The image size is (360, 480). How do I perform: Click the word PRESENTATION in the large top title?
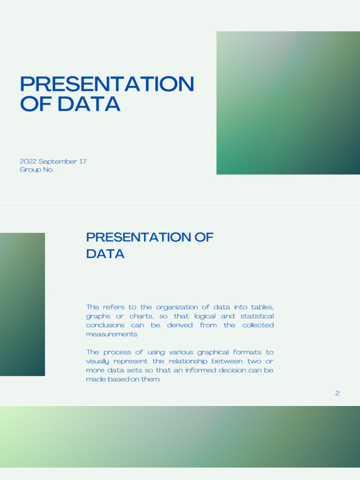107,84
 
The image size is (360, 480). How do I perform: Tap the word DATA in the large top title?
89,104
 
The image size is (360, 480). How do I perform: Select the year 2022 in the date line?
28,161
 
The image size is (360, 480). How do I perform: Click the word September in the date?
58,161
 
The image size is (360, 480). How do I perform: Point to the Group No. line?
37,170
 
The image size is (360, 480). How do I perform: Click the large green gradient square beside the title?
288,103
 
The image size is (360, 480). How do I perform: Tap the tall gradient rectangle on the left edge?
22,304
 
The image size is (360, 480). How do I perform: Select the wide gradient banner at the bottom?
180,436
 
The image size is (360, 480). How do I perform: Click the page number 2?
337,393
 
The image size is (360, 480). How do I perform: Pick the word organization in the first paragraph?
178,307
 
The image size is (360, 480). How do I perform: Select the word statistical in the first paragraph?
257,316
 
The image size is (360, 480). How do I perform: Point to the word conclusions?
105,325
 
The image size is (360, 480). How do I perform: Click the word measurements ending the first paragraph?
112,334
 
